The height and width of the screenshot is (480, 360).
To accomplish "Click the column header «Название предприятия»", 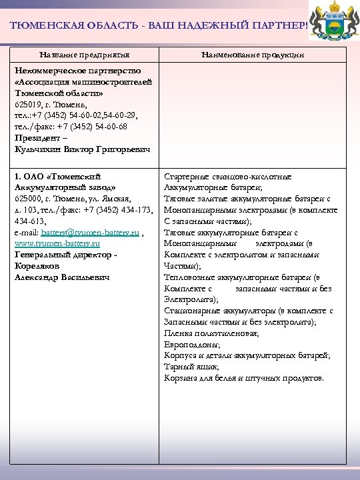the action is (x=85, y=54).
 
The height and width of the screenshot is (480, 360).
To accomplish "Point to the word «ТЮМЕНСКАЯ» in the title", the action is (x=43, y=26).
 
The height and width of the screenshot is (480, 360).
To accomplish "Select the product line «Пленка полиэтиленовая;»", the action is (x=209, y=333).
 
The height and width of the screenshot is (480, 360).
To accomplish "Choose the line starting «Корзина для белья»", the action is (x=244, y=378).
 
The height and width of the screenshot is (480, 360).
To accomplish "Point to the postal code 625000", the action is (x=27, y=199).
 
